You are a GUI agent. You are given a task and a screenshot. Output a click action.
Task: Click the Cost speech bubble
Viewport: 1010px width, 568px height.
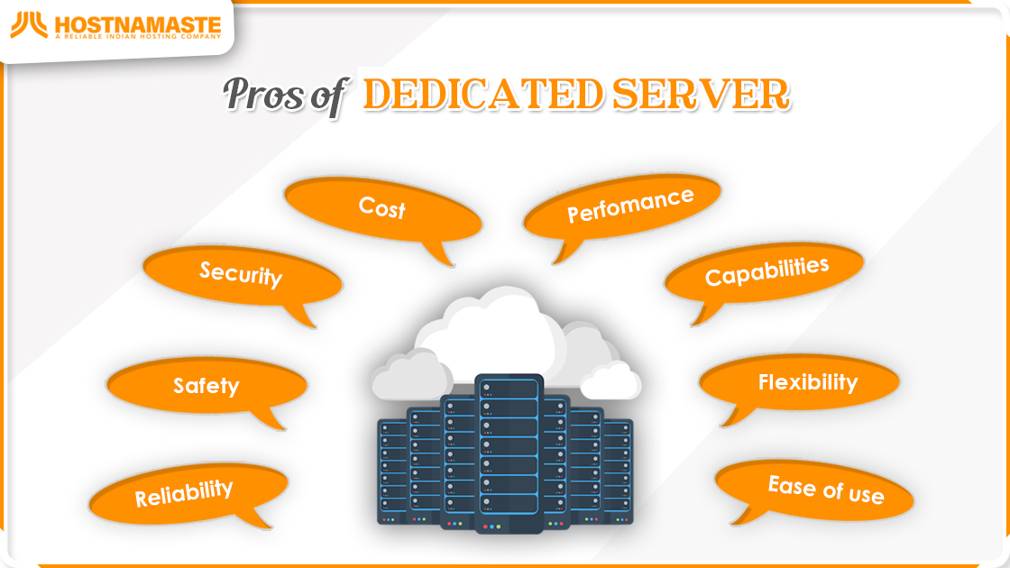(382, 210)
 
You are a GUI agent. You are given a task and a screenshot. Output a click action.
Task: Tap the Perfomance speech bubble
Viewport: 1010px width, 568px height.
(622, 206)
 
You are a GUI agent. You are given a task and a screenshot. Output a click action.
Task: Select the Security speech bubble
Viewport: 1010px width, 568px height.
(243, 275)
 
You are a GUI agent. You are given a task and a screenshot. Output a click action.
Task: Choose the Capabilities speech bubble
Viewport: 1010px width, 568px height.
(764, 273)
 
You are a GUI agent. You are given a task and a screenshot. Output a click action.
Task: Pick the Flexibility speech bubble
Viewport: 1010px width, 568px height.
(799, 382)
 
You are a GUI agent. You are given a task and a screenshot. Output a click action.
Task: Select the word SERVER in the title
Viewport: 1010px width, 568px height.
(701, 94)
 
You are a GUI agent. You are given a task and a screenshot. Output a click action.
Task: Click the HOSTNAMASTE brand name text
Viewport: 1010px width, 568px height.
(138, 24)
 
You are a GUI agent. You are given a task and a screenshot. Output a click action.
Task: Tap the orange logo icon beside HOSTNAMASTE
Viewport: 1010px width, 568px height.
(29, 25)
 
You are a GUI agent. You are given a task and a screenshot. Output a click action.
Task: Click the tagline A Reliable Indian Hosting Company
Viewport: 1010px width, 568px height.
(138, 37)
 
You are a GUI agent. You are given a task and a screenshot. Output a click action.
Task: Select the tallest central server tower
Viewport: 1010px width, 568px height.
(509, 453)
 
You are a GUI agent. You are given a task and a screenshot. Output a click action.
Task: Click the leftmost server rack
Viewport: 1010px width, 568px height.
(393, 472)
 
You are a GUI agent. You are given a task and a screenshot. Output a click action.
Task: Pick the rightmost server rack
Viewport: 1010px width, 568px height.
(617, 472)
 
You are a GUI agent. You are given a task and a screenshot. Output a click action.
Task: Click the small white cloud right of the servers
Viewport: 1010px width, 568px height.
(611, 381)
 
